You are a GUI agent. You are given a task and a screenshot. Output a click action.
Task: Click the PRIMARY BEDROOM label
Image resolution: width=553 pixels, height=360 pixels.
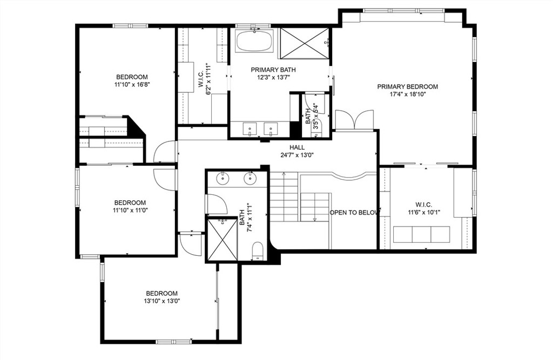point(407,86)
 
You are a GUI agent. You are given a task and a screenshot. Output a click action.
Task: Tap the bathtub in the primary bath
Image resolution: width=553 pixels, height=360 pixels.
point(255,41)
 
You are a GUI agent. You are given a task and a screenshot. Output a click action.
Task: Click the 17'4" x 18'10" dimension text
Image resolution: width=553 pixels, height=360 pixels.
point(407,94)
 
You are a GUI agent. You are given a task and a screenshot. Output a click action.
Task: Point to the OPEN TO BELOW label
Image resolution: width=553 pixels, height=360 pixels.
point(354,213)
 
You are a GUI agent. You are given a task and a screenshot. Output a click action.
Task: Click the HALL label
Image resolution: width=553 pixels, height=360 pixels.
point(296,147)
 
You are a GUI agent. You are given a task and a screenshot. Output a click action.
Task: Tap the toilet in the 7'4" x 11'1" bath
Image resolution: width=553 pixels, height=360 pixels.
point(258,250)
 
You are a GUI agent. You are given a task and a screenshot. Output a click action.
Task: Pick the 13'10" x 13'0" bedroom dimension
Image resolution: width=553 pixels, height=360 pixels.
point(161,301)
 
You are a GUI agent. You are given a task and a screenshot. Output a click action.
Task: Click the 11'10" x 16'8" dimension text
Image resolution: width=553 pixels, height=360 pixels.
point(131,84)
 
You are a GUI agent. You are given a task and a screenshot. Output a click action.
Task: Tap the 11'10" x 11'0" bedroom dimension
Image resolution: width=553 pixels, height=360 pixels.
point(130,210)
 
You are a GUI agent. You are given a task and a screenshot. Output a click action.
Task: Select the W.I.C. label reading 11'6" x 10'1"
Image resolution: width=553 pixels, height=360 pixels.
point(423,208)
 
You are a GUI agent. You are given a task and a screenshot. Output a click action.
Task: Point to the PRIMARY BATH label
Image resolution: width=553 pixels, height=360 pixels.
point(273,70)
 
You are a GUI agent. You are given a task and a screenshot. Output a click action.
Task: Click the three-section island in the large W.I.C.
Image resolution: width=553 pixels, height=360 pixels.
point(421,234)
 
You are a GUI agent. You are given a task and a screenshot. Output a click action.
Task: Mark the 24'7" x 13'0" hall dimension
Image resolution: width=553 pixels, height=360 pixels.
point(296,155)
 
